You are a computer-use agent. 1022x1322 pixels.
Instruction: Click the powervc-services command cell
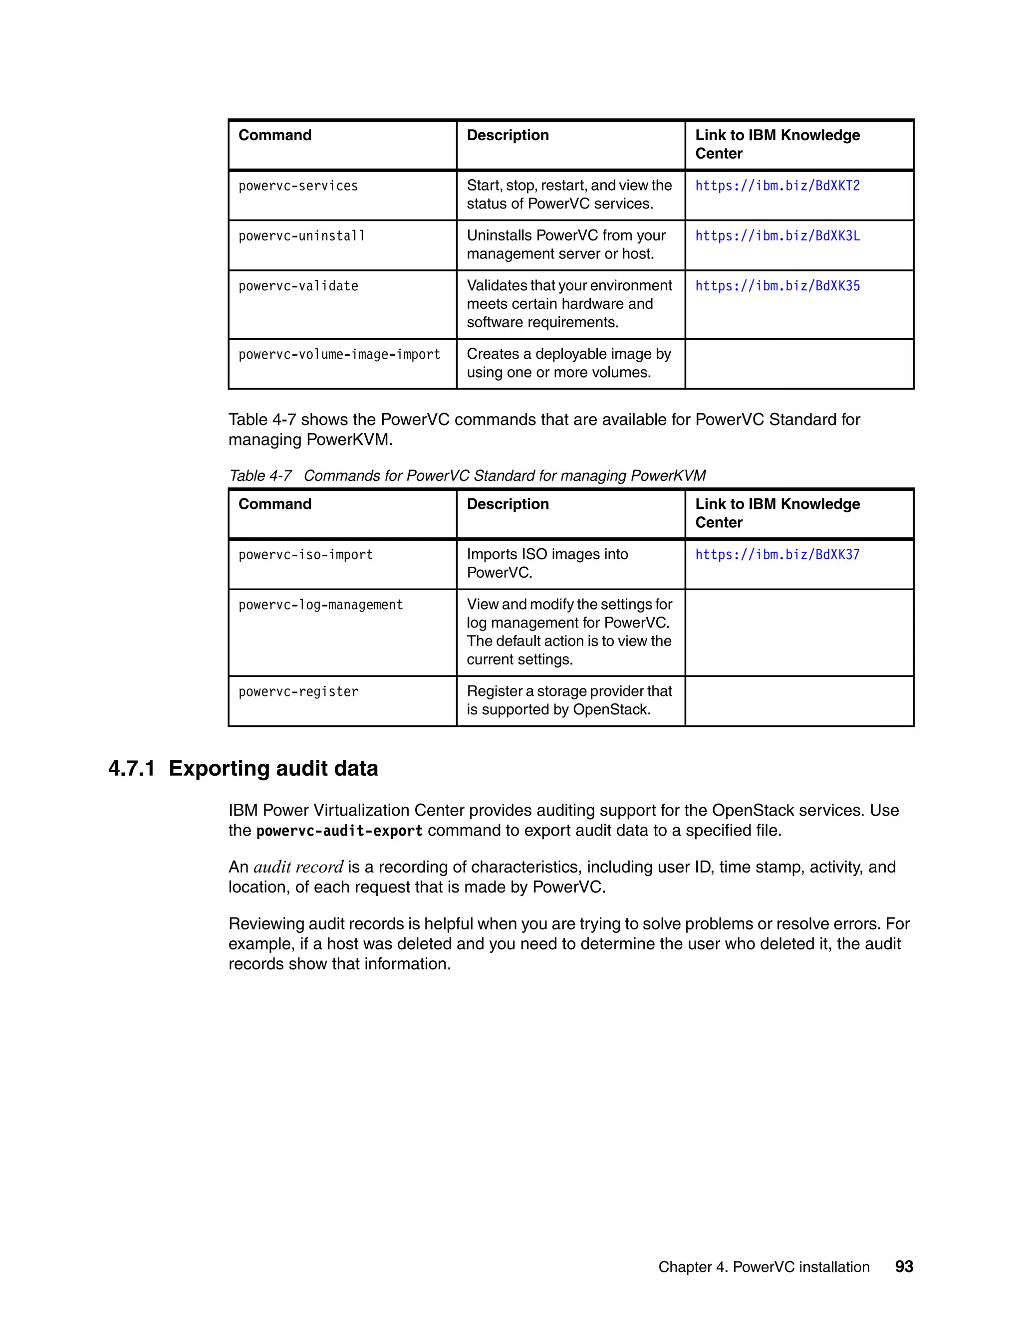tap(298, 186)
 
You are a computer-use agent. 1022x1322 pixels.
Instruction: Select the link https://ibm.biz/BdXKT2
tap(777, 186)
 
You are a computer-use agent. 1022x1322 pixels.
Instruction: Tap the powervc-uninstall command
tap(301, 236)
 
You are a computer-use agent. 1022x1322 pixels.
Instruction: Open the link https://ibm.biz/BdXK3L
tap(777, 236)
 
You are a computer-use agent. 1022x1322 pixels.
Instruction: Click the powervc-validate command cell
tap(298, 286)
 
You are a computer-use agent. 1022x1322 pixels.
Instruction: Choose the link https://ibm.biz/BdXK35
tap(777, 286)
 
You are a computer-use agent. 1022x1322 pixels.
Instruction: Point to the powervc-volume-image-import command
tap(339, 355)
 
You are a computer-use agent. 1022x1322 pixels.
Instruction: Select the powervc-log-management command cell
tap(320, 605)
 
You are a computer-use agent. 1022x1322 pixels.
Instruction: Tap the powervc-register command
tap(298, 692)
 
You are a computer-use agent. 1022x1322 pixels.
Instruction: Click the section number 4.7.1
tap(131, 769)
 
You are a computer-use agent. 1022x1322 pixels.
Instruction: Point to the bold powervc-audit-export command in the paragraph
tap(339, 831)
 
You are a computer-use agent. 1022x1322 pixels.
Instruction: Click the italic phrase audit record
tap(298, 867)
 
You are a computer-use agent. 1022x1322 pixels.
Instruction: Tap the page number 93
tap(904, 1267)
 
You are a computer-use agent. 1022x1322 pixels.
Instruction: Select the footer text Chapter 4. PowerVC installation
tap(764, 1268)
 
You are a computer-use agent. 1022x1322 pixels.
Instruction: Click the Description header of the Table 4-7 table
tap(508, 504)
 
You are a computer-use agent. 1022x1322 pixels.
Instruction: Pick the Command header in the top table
tap(275, 136)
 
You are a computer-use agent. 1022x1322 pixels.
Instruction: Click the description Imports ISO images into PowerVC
tap(547, 564)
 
